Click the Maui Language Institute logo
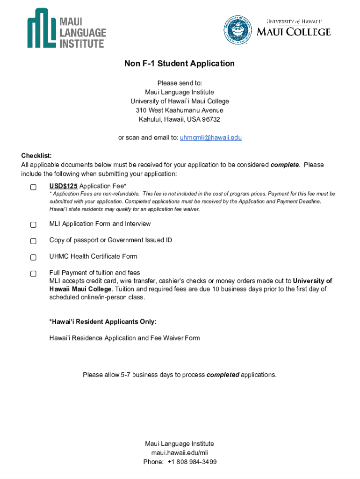(66, 28)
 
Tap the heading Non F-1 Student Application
(180, 64)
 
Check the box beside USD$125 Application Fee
(33, 187)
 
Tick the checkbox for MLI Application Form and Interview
(33, 225)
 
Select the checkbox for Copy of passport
(33, 241)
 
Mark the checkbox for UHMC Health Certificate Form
(33, 257)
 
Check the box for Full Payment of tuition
(33, 274)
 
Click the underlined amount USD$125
(64, 186)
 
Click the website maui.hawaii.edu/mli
(180, 453)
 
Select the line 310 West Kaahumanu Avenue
(180, 110)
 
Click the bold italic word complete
(284, 165)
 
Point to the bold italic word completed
(223, 375)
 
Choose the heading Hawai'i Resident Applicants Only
(103, 322)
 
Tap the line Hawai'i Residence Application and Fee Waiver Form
(124, 338)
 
